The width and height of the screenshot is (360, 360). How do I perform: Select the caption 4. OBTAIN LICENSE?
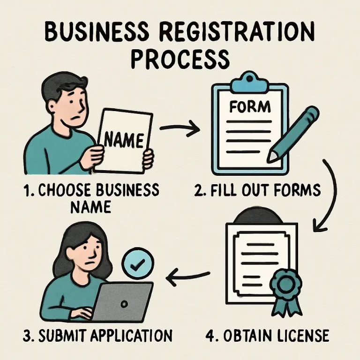click(267, 336)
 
